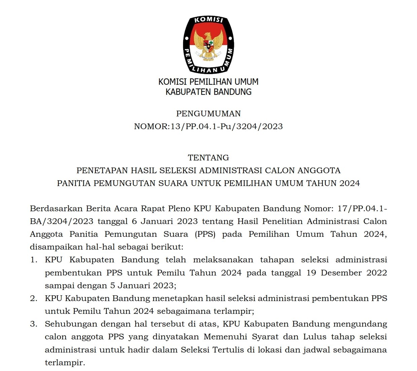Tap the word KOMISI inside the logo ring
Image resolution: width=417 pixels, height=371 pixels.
coord(209,20)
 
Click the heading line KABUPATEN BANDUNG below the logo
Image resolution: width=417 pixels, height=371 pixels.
coord(208,92)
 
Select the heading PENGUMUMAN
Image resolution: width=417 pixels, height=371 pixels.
coord(208,114)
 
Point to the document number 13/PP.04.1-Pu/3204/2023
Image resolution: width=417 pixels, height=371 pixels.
coord(227,126)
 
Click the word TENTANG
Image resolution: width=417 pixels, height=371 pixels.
coord(208,158)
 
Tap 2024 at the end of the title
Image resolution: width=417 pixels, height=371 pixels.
coord(350,183)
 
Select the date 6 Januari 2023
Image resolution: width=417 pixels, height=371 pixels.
coord(165,221)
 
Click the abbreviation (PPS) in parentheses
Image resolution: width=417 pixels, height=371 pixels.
coord(205,234)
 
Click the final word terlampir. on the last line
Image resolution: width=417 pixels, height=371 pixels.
coord(65,363)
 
